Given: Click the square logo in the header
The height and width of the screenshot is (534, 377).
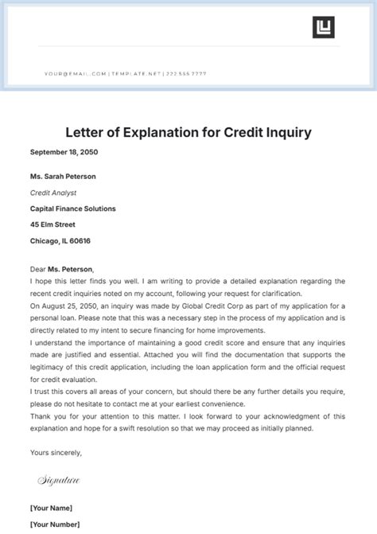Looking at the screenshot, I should click(x=323, y=26).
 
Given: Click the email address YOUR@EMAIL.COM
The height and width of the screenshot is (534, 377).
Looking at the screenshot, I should click(x=75, y=73).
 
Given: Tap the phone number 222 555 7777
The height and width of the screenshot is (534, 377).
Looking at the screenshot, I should click(x=186, y=73).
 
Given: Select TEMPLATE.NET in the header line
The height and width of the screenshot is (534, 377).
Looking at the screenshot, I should click(x=135, y=73).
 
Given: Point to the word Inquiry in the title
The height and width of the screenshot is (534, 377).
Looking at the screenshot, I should click(x=289, y=131).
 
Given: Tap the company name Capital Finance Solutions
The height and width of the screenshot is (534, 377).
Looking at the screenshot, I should click(x=73, y=209).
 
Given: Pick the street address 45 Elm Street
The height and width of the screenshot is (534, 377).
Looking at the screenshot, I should click(x=54, y=224).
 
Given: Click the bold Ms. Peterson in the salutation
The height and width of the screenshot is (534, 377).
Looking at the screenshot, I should click(x=72, y=269).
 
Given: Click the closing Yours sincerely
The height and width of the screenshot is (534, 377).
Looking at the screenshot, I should click(x=56, y=453).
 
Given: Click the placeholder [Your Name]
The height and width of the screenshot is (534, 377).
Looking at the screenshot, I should click(x=52, y=508).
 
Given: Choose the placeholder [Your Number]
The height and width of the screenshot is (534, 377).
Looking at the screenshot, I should click(x=56, y=524).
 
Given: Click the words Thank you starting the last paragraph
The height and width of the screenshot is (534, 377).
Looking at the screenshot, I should click(x=47, y=416).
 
